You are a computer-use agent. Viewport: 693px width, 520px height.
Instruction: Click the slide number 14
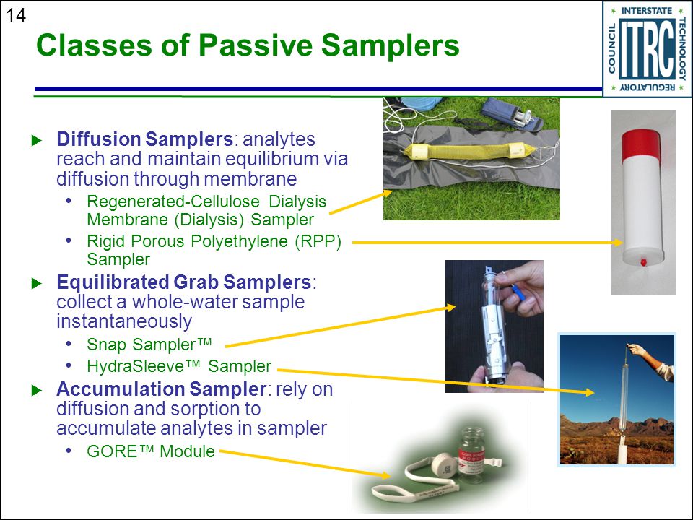(x=16, y=16)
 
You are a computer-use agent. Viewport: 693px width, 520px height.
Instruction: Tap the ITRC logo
(x=647, y=48)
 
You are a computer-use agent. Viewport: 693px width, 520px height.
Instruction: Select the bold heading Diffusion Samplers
(x=144, y=139)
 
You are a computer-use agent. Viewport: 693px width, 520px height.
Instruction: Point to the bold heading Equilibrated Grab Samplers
(x=184, y=282)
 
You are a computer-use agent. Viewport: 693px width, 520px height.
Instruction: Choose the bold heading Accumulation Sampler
(x=161, y=389)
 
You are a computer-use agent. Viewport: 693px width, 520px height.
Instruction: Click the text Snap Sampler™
(x=149, y=344)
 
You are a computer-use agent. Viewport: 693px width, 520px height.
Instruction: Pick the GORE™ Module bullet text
(x=151, y=451)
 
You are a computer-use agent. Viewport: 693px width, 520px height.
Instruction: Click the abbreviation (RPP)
(x=318, y=241)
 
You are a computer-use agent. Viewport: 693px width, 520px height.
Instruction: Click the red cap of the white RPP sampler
(x=641, y=146)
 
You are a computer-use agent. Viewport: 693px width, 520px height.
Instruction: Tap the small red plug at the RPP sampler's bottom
(x=643, y=263)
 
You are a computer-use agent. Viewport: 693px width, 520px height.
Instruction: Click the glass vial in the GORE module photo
(x=472, y=454)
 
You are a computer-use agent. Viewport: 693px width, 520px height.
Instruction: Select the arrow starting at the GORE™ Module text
(x=305, y=464)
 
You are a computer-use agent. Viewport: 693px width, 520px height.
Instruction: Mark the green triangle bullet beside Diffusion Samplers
(x=37, y=141)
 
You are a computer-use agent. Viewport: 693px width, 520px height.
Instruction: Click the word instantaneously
(x=124, y=321)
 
